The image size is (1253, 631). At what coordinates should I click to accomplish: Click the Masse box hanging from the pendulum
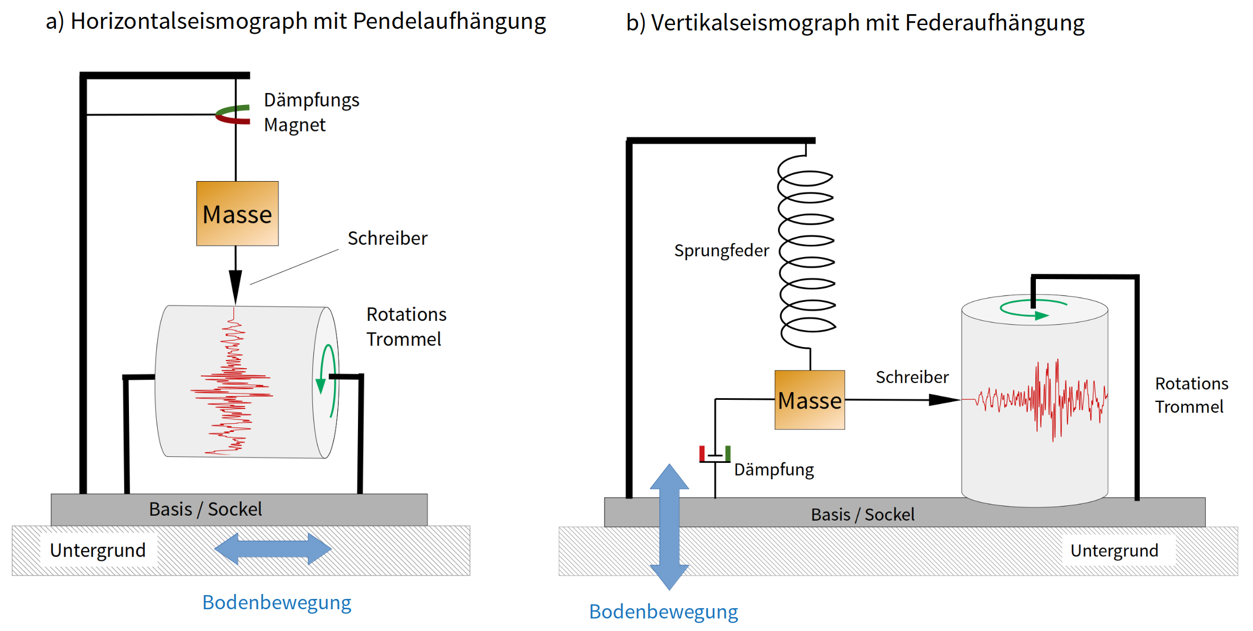click(237, 214)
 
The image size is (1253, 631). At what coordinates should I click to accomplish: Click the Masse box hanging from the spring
click(810, 400)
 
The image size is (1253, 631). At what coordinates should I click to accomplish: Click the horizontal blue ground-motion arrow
click(273, 548)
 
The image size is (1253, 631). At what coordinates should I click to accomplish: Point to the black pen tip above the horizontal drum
click(235, 286)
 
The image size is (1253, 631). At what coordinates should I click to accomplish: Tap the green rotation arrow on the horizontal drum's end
click(326, 381)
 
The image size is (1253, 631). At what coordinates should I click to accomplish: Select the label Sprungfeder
click(721, 251)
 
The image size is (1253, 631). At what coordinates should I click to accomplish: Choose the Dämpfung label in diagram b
click(774, 469)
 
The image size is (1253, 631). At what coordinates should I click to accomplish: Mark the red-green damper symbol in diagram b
click(715, 454)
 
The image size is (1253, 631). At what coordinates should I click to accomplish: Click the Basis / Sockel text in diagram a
click(206, 510)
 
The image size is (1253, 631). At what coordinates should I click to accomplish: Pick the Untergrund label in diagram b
click(1114, 551)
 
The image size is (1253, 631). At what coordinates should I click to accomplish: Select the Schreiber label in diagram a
click(387, 238)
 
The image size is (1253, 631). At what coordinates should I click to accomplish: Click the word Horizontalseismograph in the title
click(189, 22)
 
